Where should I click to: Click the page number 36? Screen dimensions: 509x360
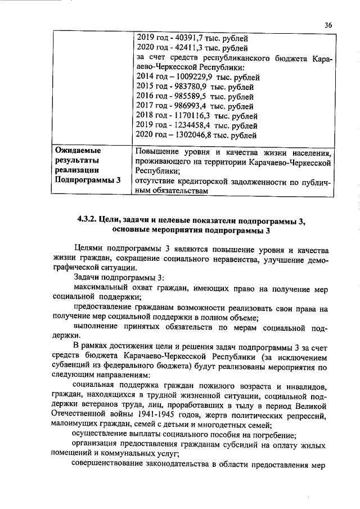point(328,25)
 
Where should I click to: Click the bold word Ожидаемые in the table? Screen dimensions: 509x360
point(77,151)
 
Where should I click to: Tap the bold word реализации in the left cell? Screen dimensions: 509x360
point(77,170)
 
